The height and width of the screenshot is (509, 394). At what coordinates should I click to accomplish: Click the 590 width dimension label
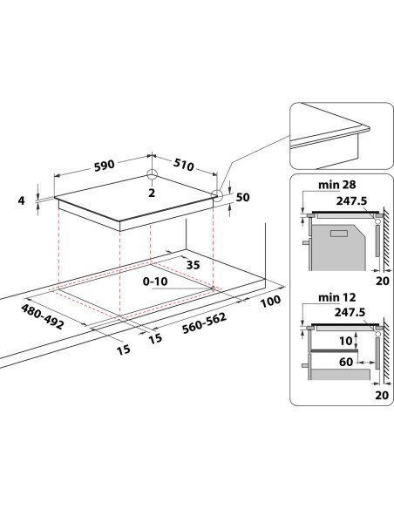[105, 165]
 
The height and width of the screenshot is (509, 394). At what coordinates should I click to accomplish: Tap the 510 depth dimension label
[183, 164]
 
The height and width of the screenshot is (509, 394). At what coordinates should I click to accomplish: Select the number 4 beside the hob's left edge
[22, 200]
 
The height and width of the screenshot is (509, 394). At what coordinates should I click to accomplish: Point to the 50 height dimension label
[242, 197]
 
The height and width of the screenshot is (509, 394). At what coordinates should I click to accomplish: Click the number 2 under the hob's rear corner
[152, 193]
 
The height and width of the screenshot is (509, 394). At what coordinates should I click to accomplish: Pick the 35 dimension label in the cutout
[194, 265]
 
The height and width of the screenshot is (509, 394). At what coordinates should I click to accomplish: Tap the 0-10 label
[155, 282]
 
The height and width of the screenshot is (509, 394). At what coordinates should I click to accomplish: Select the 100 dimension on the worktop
[271, 301]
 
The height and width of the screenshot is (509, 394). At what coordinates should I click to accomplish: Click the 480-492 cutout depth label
[42, 316]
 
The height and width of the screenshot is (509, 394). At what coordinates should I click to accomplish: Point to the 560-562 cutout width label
[204, 323]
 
